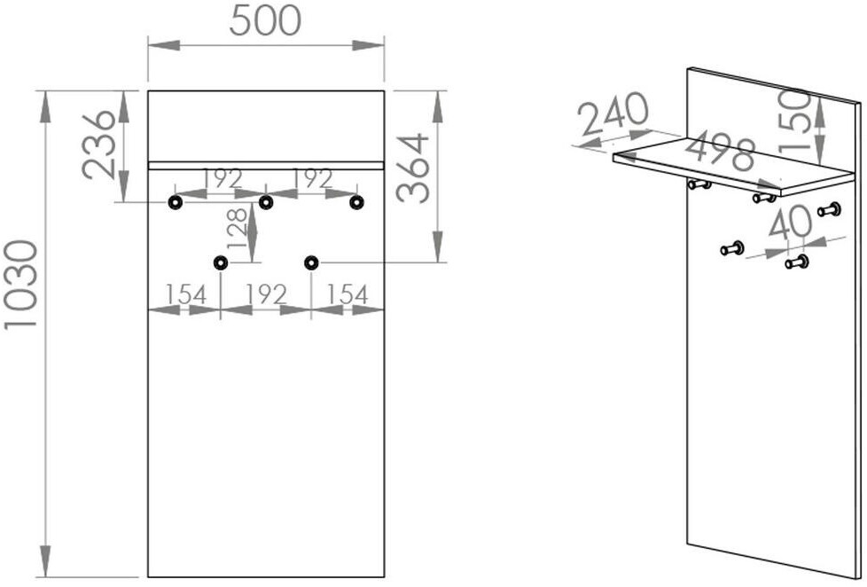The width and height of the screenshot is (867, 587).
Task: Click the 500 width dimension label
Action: [265, 21]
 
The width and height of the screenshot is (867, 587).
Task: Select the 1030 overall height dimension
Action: [21, 286]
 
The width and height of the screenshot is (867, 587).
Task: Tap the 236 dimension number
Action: [99, 145]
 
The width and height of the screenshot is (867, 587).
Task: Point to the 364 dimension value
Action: [414, 168]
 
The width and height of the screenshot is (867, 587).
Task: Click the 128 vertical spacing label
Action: [237, 227]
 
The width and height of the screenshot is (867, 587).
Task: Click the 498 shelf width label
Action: [721, 149]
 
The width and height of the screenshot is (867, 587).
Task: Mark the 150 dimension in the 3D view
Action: [795, 121]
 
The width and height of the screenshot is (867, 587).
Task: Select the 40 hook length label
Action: [790, 222]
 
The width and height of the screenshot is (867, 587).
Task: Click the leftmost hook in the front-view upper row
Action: [176, 203]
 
